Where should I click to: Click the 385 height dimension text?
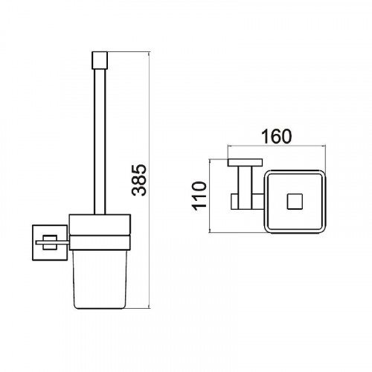pyautogui.click(x=139, y=180)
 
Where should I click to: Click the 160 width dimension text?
pyautogui.click(x=277, y=136)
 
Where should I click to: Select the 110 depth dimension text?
pyautogui.click(x=199, y=196)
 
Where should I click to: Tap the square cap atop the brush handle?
pyautogui.click(x=100, y=60)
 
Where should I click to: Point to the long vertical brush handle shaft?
pyautogui.click(x=100, y=141)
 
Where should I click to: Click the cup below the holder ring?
pyautogui.click(x=100, y=279)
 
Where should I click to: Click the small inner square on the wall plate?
pyautogui.click(x=50, y=242)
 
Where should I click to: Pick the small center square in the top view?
pyautogui.click(x=295, y=202)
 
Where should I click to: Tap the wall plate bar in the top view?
pyautogui.click(x=245, y=162)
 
